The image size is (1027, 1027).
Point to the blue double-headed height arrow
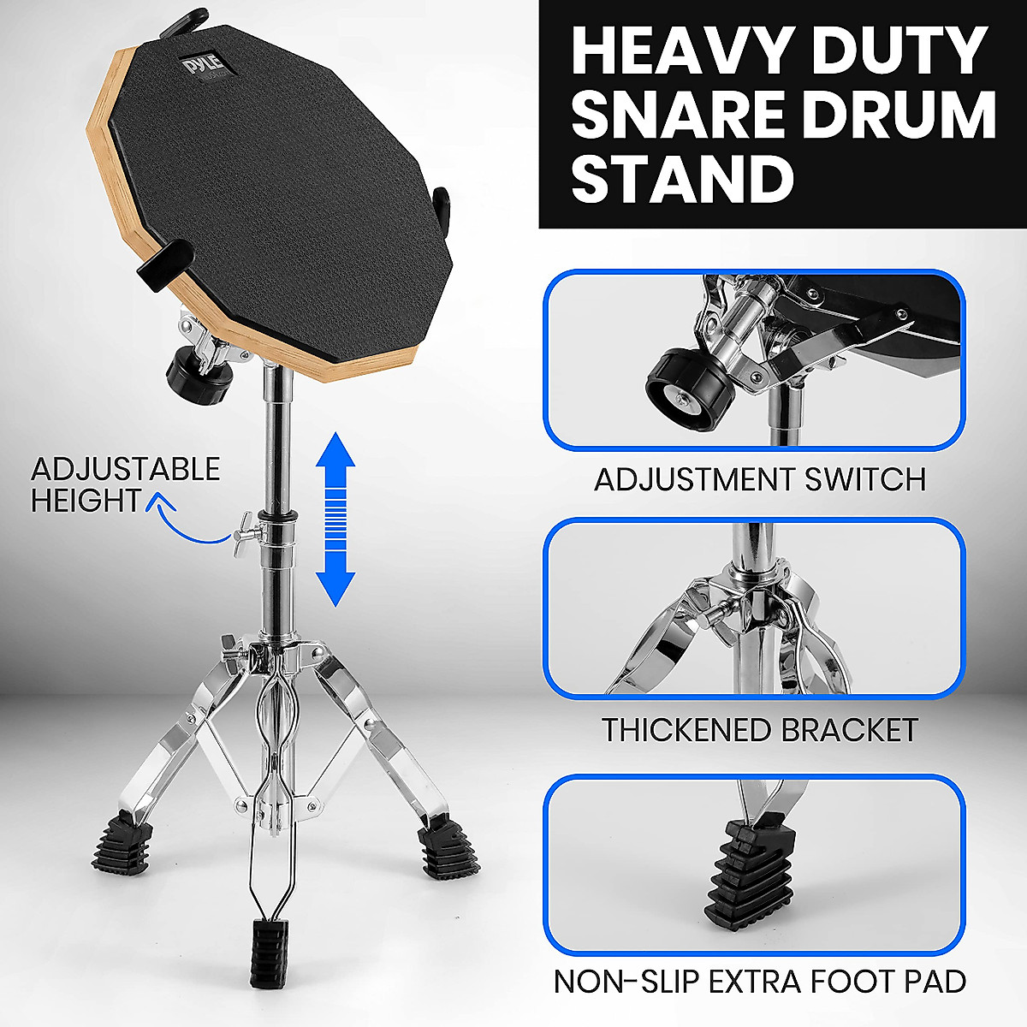[x=336, y=519]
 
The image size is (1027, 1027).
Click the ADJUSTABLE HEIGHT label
[x=125, y=484]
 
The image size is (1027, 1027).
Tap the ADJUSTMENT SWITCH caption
[x=760, y=479]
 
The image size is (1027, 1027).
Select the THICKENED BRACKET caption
[x=760, y=730]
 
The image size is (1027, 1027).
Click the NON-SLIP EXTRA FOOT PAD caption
[x=760, y=981]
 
